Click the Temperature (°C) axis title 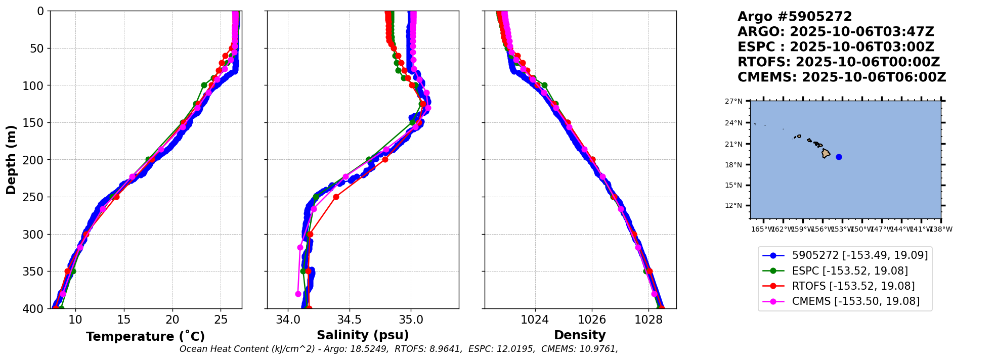pos(145,337)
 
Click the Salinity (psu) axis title pos(363,335)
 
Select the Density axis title pos(580,335)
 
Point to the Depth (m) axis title pos(11,159)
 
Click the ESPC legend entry pos(849,271)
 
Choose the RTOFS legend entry pos(853,286)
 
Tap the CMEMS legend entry pos(855,301)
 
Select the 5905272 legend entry pos(859,256)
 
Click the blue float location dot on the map pos(839,157)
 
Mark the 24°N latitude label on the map pos(734,123)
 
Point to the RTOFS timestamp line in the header pos(838,62)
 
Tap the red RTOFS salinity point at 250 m pos(336,197)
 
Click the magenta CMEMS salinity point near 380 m pos(298,294)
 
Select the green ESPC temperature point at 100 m pos(204,85)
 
